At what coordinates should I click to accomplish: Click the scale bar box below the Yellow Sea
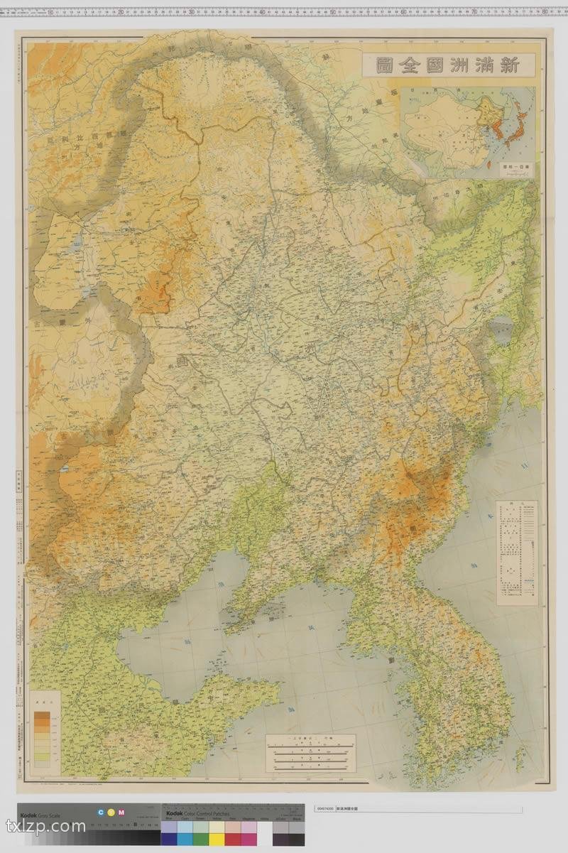tap(311, 754)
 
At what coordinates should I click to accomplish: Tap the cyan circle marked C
tap(102, 812)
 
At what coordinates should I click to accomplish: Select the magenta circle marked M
tap(121, 812)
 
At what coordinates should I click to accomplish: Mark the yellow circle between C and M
tap(111, 812)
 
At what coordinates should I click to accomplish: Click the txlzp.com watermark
tap(45, 827)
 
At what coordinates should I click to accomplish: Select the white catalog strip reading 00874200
tap(417, 809)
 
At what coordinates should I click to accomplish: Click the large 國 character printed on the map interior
tap(177, 362)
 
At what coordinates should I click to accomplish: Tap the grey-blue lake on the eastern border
tap(501, 331)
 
